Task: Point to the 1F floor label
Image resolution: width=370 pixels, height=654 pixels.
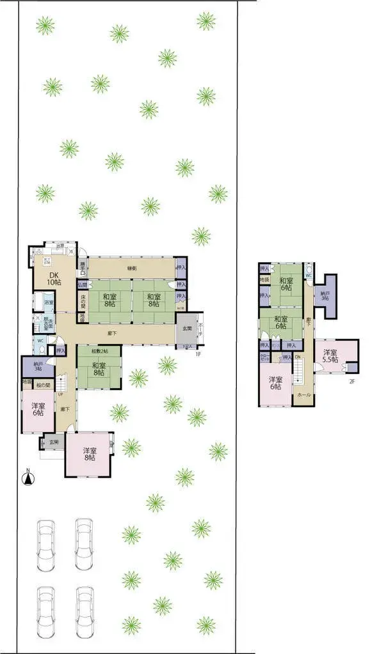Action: pos(198,353)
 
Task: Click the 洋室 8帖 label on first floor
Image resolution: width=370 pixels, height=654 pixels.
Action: pos(89,454)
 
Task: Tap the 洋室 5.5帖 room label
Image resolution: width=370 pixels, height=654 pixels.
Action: pos(330,355)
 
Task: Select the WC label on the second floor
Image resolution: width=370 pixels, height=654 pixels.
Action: pos(309,276)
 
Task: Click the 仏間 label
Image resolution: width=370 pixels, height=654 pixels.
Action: pos(83,284)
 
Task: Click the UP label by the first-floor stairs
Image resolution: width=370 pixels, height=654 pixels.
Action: pos(60,394)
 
